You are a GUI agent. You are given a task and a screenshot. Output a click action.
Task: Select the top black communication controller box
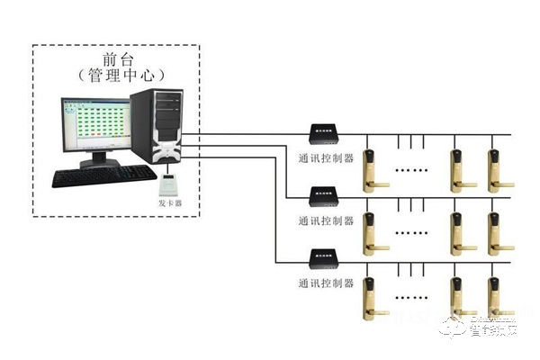click(323, 132)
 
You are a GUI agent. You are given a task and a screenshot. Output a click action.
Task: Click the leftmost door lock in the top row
click(372, 169)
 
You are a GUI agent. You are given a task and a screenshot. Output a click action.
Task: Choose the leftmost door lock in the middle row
click(372, 233)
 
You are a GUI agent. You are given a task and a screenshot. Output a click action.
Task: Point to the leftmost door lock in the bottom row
click(372, 297)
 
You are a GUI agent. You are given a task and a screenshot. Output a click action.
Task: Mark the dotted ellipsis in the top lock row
click(415, 169)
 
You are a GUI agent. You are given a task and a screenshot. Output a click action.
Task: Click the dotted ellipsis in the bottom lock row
click(415, 297)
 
